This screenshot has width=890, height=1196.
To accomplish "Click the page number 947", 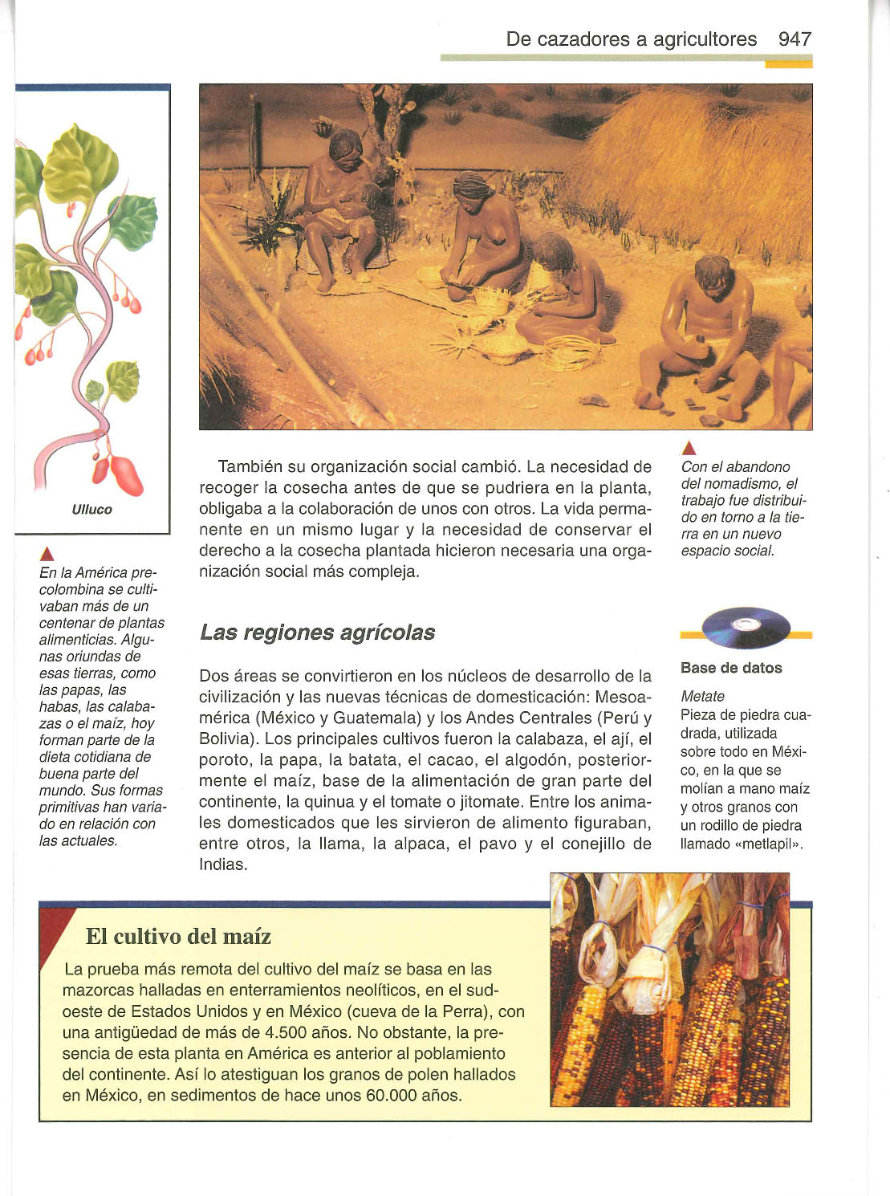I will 794,39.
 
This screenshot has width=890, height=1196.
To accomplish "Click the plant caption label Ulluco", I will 92,510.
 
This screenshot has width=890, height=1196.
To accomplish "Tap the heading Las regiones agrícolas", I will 317,633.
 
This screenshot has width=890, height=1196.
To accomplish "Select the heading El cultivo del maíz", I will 178,936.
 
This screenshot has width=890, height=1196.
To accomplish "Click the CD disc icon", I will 746,627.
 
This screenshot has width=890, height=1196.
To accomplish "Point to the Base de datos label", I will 730,668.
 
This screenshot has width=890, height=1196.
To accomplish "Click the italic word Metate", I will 702,697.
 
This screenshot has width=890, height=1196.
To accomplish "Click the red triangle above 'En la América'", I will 47,555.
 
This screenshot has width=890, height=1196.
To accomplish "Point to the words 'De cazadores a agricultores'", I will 631,39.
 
